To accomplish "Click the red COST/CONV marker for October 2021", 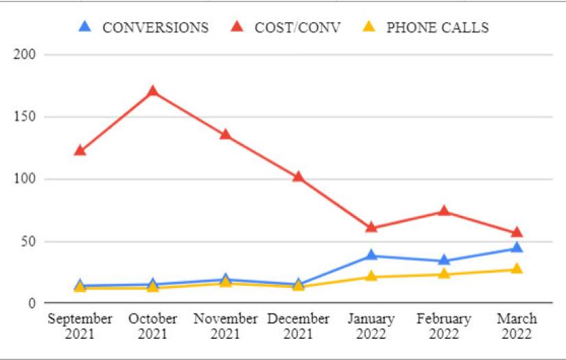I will (x=152, y=91).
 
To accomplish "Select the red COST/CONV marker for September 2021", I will (x=80, y=150).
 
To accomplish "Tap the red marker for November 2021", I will (x=225, y=134).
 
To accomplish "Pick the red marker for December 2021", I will (x=298, y=176).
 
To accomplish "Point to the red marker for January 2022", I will (x=371, y=227).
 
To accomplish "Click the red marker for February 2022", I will (x=444, y=211).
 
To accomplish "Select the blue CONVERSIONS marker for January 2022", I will (x=371, y=255).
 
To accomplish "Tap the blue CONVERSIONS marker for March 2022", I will (x=517, y=248).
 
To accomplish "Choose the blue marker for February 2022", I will (x=444, y=261).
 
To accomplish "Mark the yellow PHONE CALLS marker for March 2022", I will (x=517, y=269).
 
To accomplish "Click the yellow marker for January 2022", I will (x=371, y=276).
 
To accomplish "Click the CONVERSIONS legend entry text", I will (x=155, y=27).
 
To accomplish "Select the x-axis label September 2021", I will (x=80, y=326).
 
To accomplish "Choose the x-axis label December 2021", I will (x=298, y=326).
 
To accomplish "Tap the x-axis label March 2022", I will (x=517, y=326).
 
